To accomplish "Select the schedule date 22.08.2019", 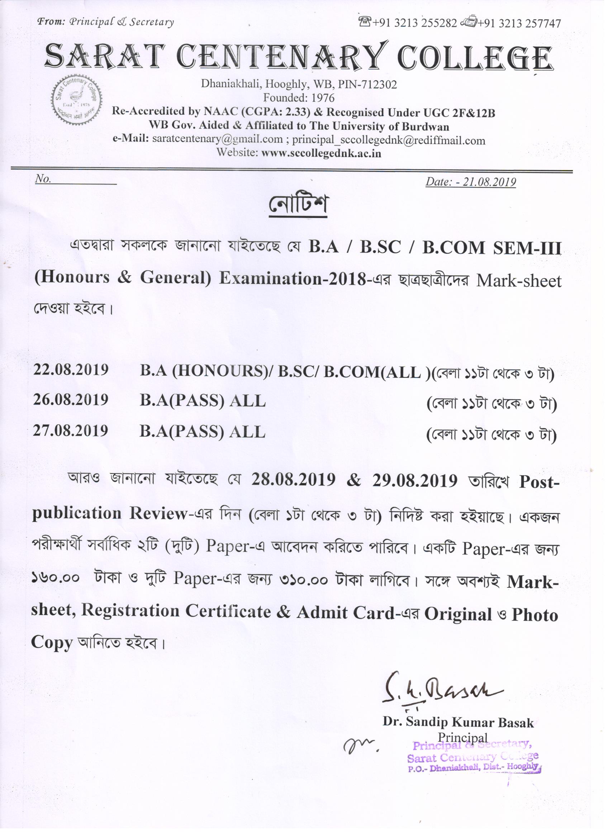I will (71, 370).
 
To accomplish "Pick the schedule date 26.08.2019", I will (71, 400).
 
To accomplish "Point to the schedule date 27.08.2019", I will (71, 431).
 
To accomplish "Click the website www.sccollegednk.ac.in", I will (321, 153).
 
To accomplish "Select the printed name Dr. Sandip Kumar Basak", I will (458, 722).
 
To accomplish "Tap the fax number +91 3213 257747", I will (519, 24).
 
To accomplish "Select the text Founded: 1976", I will (299, 98).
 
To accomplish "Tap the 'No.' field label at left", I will (43, 179).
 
